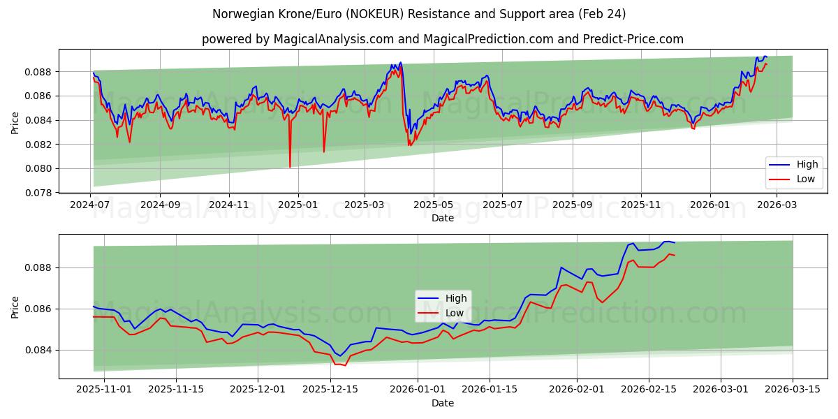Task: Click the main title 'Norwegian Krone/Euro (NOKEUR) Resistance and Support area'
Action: click(419, 14)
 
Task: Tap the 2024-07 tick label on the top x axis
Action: click(91, 205)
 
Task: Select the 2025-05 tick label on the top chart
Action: click(434, 205)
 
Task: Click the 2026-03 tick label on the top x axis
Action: click(778, 205)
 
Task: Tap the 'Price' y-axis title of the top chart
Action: click(15, 122)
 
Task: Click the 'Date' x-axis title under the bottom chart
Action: click(443, 403)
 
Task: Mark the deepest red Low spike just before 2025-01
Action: click(290, 167)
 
